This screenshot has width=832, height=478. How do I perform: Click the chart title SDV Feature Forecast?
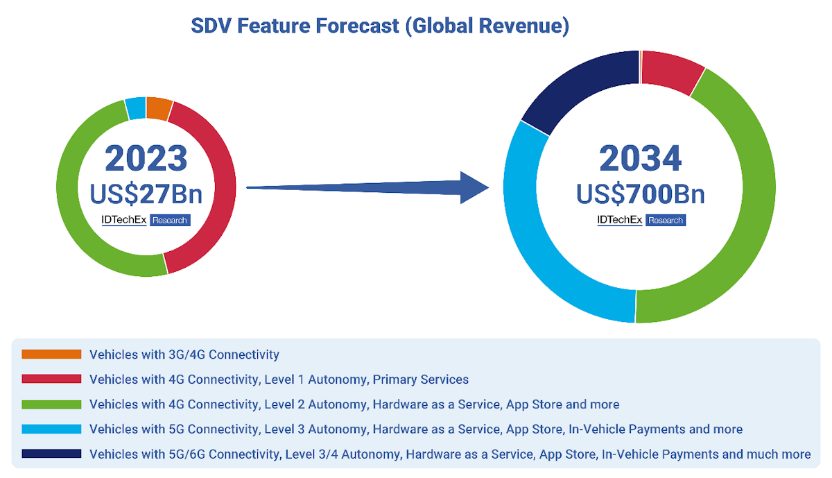click(379, 26)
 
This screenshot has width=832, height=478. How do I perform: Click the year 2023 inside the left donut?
click(146, 158)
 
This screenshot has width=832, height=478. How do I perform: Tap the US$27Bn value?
click(146, 194)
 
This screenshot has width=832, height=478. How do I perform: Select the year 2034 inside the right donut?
click(640, 158)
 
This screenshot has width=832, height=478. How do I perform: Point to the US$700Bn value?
click(640, 194)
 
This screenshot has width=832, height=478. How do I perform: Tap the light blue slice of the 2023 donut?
click(136, 108)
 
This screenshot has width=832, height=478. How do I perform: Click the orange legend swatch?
click(51, 355)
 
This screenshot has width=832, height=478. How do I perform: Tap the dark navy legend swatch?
click(51, 454)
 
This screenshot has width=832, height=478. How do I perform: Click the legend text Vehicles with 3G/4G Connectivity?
click(184, 355)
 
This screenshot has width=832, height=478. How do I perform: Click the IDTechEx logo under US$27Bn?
click(124, 221)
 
